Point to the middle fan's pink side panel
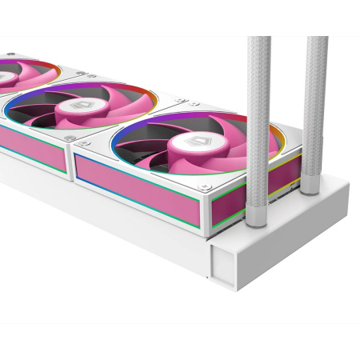32,147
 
